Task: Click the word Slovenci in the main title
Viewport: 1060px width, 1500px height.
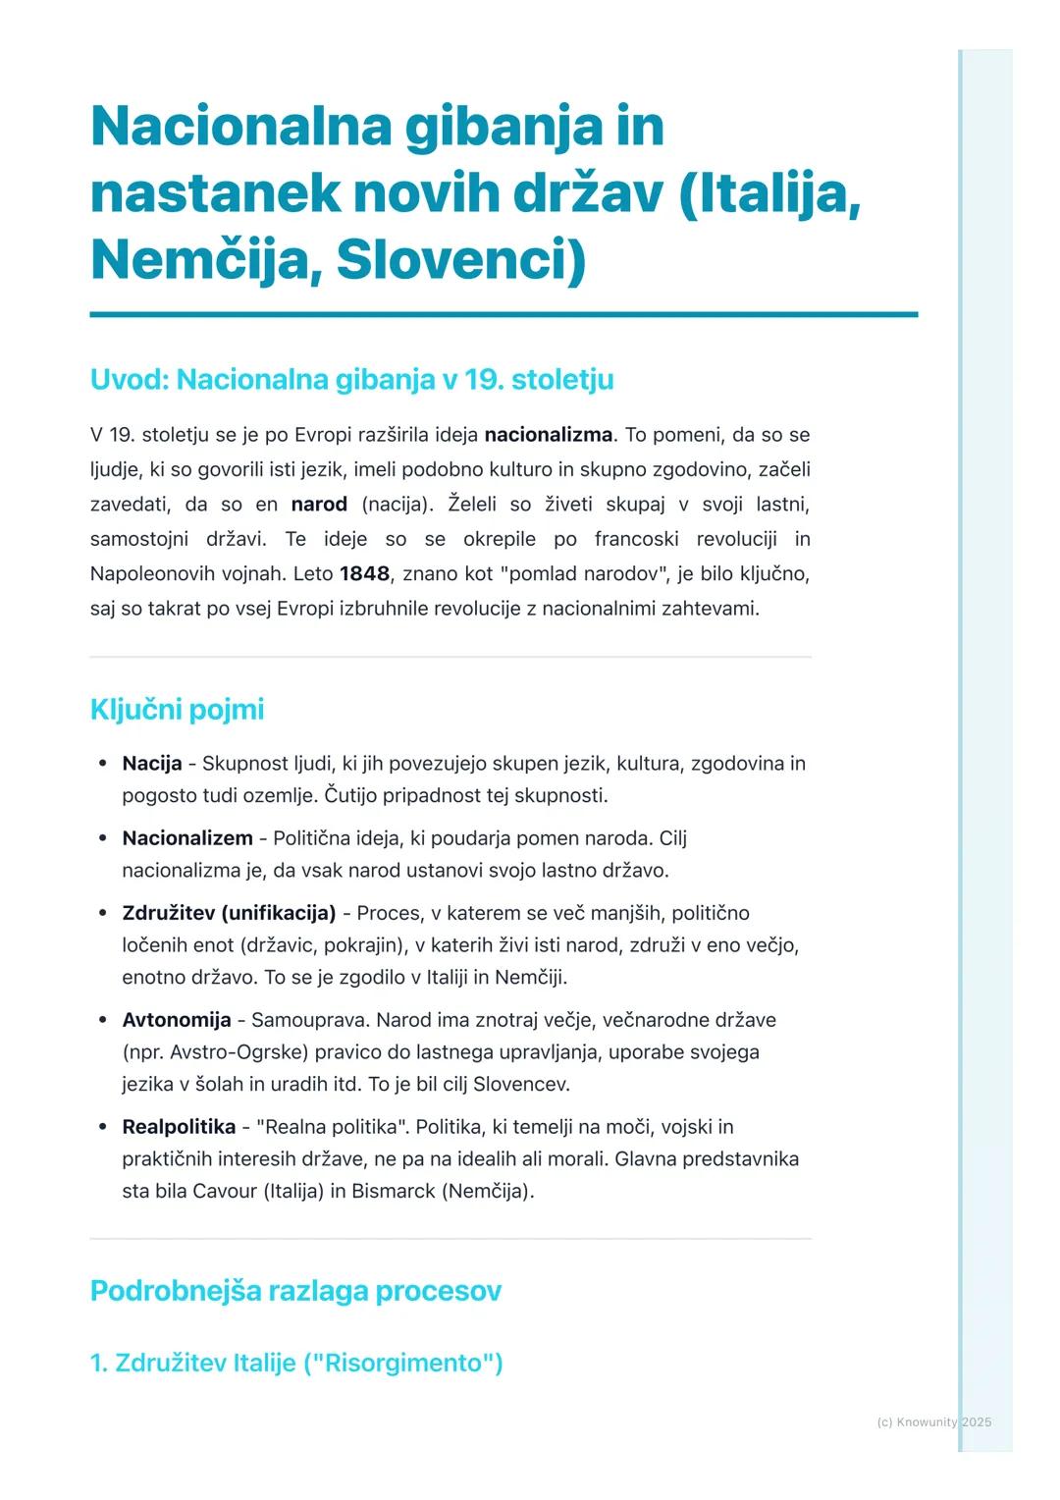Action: [x=459, y=259]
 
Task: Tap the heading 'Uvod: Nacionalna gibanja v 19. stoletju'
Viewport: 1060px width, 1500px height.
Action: [x=351, y=379]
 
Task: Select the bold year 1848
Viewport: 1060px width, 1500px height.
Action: [x=364, y=573]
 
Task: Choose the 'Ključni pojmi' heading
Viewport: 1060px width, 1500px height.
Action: [x=177, y=709]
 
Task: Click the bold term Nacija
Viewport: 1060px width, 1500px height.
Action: [x=152, y=763]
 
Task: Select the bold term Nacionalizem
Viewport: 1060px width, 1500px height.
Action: [x=187, y=837]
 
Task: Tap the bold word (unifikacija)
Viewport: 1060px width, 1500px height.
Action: [x=279, y=912]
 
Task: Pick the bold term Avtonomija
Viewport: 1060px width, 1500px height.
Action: [x=177, y=1019]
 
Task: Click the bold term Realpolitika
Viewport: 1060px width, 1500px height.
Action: [x=179, y=1126]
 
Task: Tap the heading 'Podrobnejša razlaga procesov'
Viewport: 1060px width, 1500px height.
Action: [x=295, y=1290]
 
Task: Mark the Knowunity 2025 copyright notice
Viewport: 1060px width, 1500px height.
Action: [x=933, y=1421]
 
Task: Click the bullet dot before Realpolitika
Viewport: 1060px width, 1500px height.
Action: [x=102, y=1127]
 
